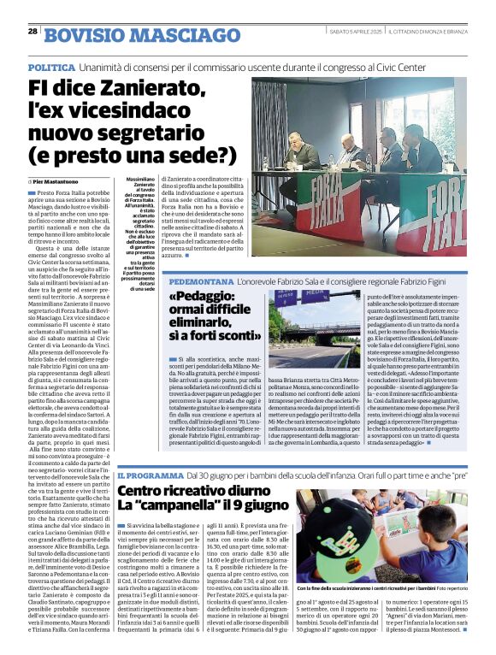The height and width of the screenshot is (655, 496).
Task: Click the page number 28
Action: click(x=32, y=31)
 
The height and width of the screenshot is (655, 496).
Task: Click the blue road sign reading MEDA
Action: click(x=316, y=297)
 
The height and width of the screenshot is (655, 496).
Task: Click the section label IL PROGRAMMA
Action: click(x=150, y=474)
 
